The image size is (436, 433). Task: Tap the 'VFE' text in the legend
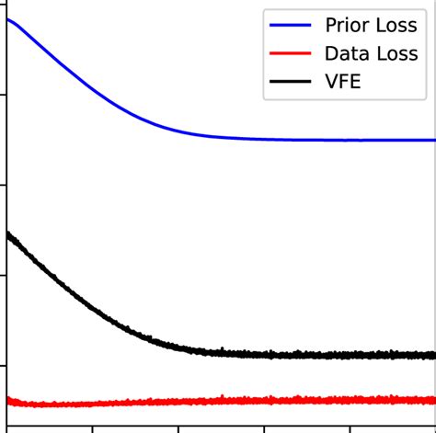(342, 82)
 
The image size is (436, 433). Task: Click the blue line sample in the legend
(290, 26)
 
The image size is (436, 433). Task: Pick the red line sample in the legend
(290, 54)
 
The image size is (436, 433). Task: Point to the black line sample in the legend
(290, 83)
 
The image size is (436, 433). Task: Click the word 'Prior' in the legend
(345, 25)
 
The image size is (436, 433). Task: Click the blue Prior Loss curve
(110, 97)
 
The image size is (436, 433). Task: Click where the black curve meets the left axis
(7, 234)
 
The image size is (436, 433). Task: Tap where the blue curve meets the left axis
(7, 18)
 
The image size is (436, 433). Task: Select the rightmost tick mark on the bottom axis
(350, 428)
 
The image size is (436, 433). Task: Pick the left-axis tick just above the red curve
(4, 365)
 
